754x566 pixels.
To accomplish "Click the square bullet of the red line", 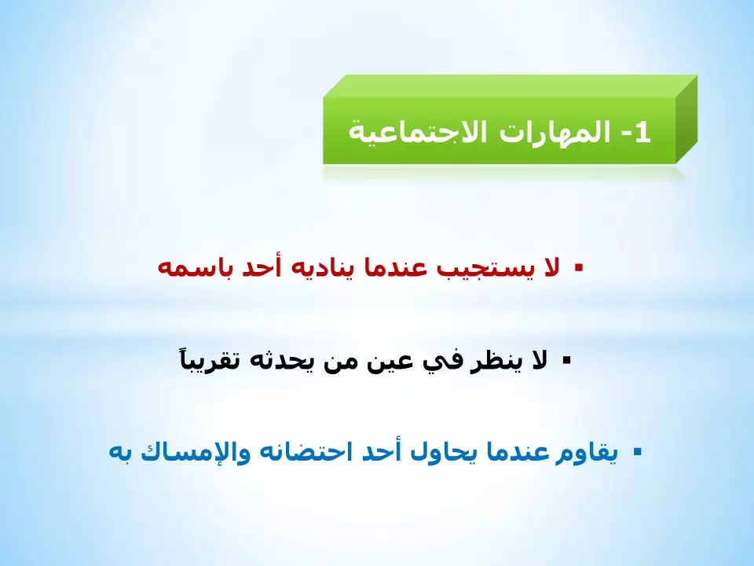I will (579, 267).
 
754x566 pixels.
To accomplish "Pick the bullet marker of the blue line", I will (637, 452).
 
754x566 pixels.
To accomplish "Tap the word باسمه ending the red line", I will (192, 268).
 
